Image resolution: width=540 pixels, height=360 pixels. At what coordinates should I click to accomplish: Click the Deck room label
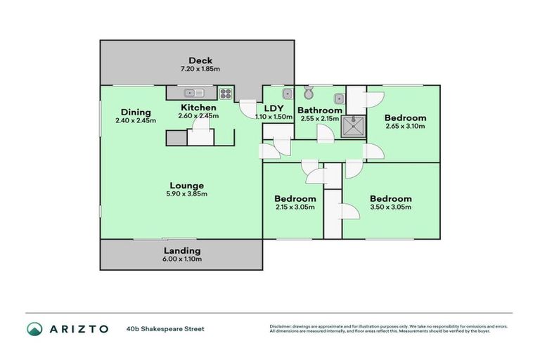click(x=196, y=60)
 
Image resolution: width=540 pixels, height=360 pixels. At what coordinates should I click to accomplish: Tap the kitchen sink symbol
click(x=193, y=92)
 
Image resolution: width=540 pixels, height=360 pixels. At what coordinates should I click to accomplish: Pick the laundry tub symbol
click(x=287, y=93)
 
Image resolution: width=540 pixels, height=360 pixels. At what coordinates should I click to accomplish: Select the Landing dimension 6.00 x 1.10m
click(x=182, y=259)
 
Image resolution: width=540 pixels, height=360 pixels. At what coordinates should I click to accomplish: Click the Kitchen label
click(x=198, y=108)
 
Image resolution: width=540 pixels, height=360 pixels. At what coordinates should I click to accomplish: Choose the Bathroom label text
click(x=320, y=110)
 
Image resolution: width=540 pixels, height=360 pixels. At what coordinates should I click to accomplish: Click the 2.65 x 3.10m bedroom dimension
click(x=406, y=127)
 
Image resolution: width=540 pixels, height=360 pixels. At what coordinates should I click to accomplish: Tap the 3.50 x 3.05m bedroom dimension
click(x=390, y=207)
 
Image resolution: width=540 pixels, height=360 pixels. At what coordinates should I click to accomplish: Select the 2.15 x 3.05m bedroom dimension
click(x=295, y=207)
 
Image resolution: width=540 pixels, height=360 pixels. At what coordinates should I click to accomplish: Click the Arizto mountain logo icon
click(x=34, y=328)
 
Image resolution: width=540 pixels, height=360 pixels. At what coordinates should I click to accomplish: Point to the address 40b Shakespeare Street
click(x=166, y=328)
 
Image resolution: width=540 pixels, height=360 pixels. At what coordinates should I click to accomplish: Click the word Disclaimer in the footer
click(x=281, y=326)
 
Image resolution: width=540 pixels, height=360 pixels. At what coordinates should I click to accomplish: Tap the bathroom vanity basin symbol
click(x=339, y=98)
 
